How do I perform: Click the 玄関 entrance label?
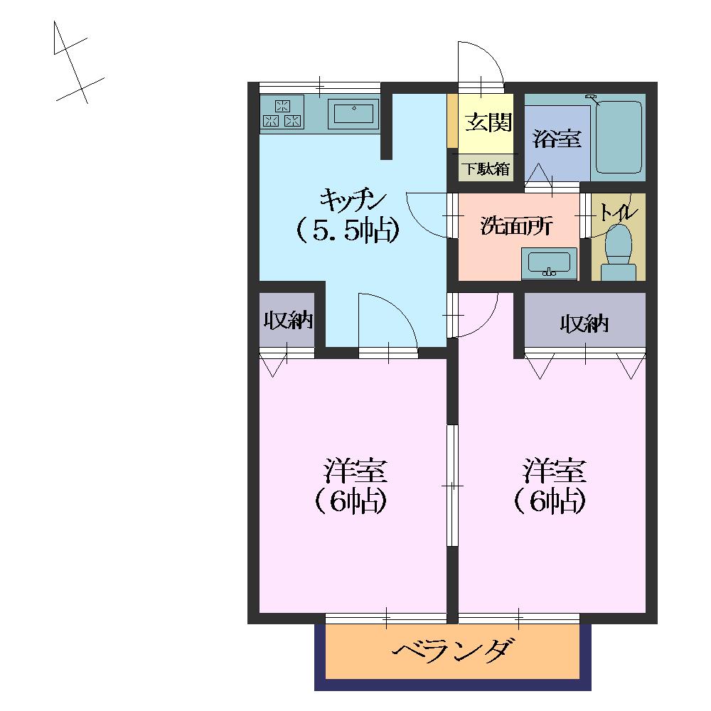488,122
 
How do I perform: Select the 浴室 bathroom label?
557,139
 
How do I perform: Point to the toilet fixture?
619,252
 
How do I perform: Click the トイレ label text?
619,212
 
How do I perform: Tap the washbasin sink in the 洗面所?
549,263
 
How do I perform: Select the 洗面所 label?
516,225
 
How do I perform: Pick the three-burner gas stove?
282,113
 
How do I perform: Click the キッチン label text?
353,200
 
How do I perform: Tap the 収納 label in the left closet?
289,321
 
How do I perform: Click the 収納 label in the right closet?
584,324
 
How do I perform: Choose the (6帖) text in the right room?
550,501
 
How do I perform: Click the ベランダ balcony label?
454,651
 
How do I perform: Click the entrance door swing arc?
488,55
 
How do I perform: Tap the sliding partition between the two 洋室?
452,485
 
